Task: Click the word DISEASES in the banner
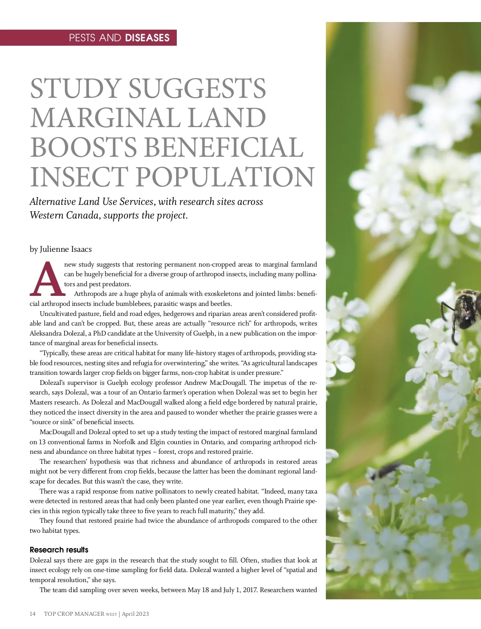[x=147, y=38]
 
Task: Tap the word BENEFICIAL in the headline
[x=223, y=147]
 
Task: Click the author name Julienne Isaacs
[x=66, y=249]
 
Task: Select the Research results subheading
[x=59, y=550]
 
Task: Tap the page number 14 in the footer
[x=33, y=614]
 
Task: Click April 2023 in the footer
[x=135, y=614]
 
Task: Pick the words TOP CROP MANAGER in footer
[x=74, y=614]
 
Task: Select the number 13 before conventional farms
[x=42, y=442]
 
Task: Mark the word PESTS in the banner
[x=82, y=38]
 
